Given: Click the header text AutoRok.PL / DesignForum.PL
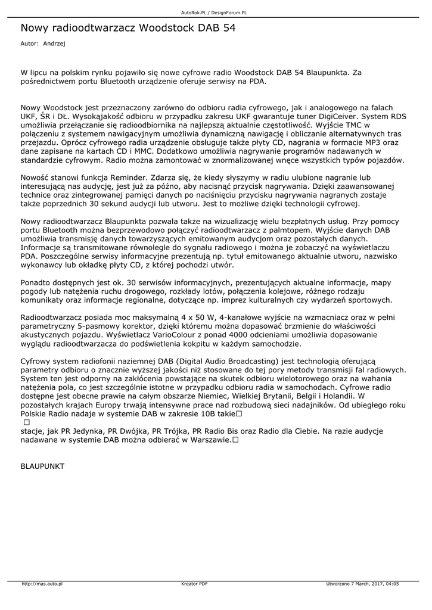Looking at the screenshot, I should pos(214,12).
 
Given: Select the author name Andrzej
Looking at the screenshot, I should pos(54,43).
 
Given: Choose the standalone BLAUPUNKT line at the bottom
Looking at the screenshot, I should pos(42,466).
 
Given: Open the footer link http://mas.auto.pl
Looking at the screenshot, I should pos(42,584).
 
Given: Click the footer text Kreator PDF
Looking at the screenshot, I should pos(195,584).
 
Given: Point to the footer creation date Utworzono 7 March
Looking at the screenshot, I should pos(347,584).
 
